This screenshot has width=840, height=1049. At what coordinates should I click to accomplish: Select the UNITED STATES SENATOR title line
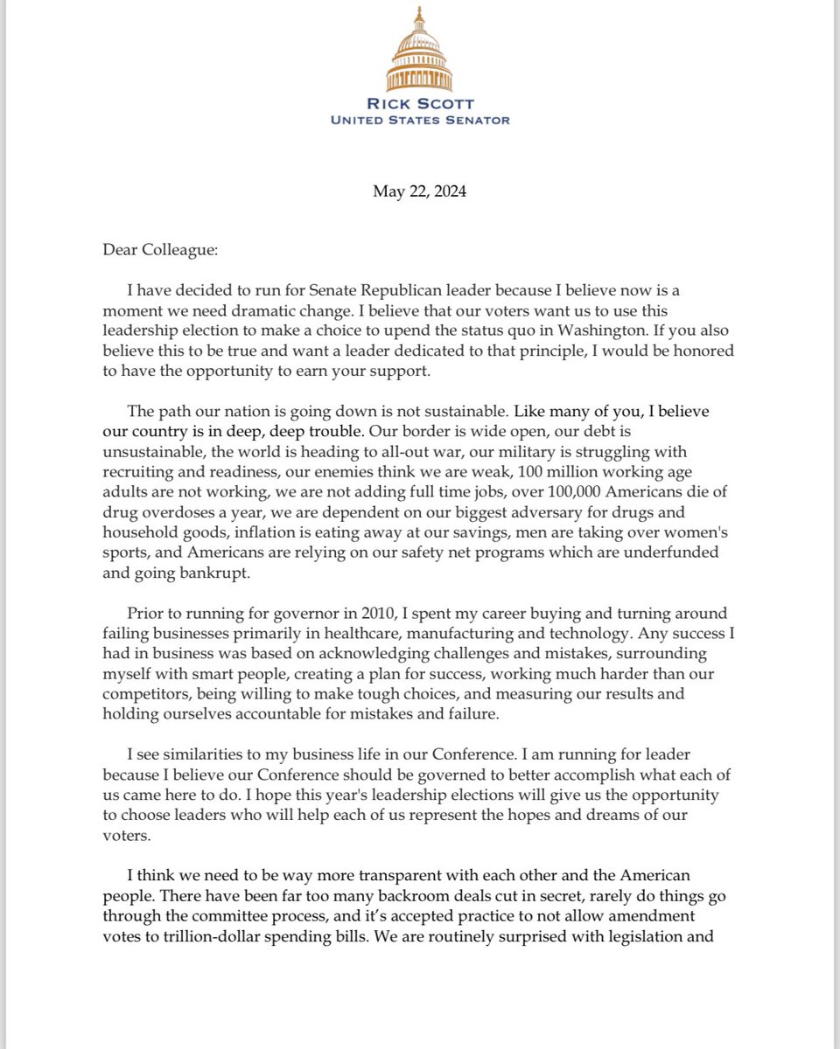[x=420, y=120]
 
